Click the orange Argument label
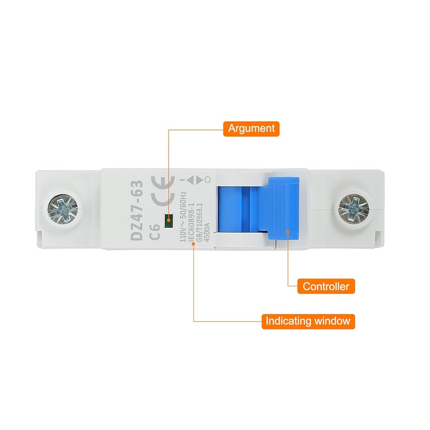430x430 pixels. click(251, 128)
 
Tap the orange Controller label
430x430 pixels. click(326, 286)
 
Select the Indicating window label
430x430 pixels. click(308, 321)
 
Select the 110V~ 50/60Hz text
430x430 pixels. click(182, 217)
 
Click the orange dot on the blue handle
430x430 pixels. click(288, 233)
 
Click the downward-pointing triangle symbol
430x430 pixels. click(199, 180)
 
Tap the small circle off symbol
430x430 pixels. click(208, 180)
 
